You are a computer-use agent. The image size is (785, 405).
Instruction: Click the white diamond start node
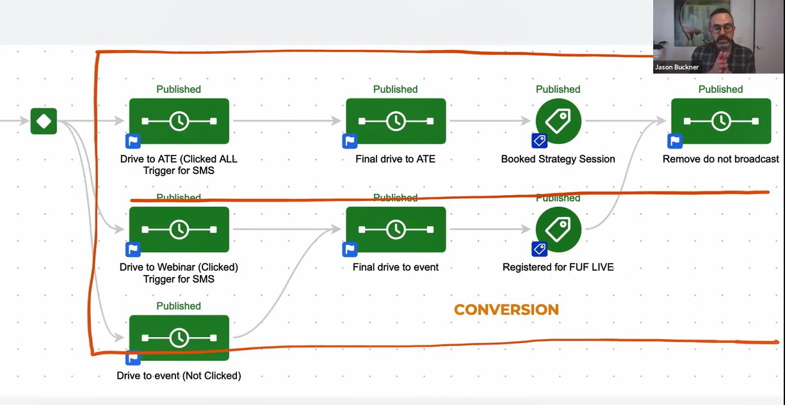point(44,121)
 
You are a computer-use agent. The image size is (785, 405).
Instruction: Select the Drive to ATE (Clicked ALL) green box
point(179,121)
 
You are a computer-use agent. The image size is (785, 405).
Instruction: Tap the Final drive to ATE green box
point(396,121)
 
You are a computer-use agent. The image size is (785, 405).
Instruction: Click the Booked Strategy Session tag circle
point(558,121)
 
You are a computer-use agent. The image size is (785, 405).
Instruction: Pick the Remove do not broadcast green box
point(721,121)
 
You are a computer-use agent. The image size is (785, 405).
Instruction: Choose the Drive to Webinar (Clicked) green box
point(179,229)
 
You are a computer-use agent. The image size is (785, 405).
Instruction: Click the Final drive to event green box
point(396,229)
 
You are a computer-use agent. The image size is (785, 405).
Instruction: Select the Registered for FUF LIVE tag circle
point(558,229)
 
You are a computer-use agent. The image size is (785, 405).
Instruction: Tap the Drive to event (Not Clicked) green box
point(179,337)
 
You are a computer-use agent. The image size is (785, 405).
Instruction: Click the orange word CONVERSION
point(506,310)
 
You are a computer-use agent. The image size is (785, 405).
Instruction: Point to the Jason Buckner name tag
point(677,67)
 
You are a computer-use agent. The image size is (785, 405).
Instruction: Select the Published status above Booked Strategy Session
point(558,90)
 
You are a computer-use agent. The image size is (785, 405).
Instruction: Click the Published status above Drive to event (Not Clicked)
point(179,306)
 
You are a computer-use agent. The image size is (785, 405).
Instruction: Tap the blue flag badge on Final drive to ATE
point(350,141)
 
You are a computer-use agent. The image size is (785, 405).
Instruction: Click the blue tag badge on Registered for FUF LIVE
point(538,249)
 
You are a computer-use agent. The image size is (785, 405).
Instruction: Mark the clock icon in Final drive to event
point(396,229)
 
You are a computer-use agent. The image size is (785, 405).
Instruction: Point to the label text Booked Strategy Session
point(558,159)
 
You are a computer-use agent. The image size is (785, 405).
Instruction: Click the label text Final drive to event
point(396,267)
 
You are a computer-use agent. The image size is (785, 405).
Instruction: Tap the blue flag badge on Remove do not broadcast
point(675,141)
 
